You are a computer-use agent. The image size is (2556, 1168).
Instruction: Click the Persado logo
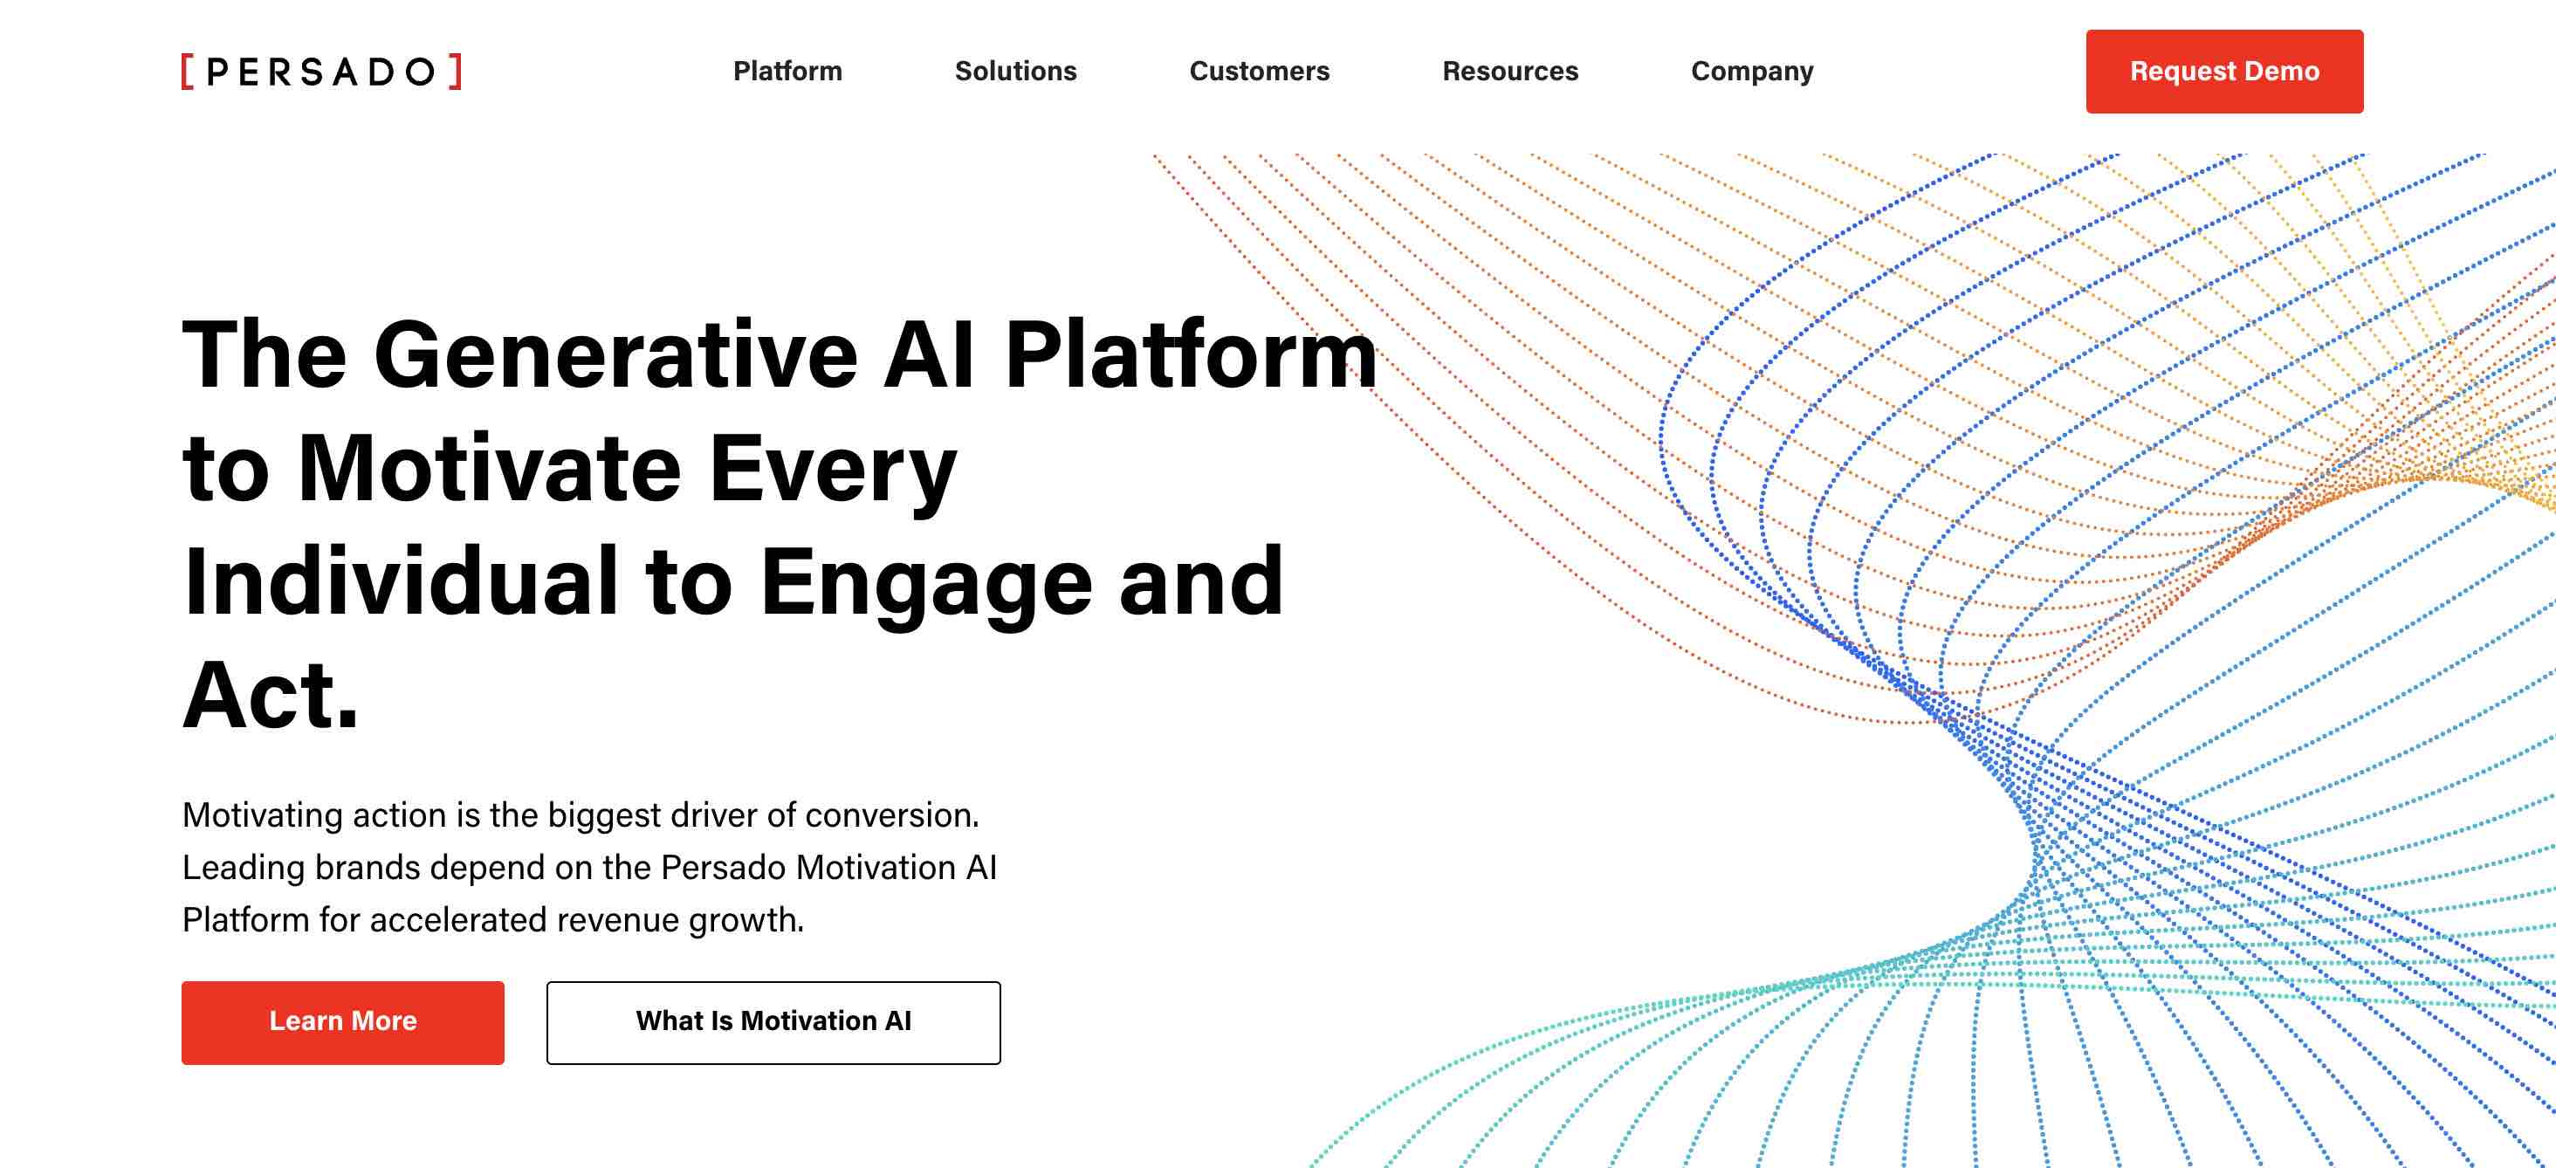(x=321, y=72)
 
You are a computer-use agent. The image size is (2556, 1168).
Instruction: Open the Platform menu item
(x=787, y=72)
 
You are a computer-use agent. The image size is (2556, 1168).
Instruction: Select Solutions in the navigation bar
(x=1015, y=72)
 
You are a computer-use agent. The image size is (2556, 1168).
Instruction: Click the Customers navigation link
(x=1259, y=72)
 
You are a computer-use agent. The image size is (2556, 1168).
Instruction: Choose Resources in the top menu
(x=1510, y=72)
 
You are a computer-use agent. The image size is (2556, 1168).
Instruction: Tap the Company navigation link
(x=1752, y=72)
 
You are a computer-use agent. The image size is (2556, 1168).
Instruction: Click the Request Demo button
(x=2224, y=72)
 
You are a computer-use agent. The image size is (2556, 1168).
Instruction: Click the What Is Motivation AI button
(x=773, y=1022)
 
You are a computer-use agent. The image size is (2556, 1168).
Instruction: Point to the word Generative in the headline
(x=615, y=354)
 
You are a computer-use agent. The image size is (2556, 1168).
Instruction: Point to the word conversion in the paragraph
(x=891, y=814)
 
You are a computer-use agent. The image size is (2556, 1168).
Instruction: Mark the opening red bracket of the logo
(x=188, y=72)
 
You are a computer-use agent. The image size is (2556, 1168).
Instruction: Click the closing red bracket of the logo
(x=456, y=72)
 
